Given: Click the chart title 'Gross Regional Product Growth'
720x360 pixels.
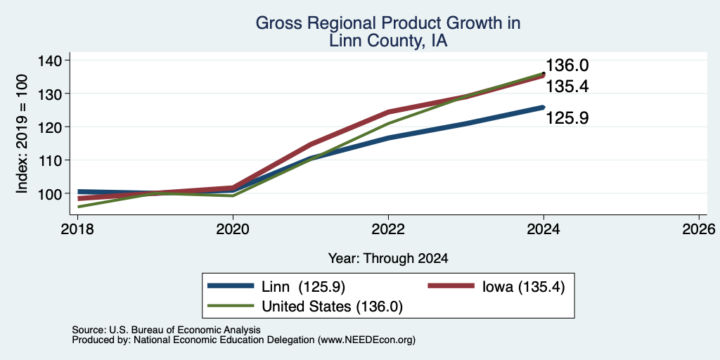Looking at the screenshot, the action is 388,23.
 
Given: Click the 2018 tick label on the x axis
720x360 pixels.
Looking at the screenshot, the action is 77,229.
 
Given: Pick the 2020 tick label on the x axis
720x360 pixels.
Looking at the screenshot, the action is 233,229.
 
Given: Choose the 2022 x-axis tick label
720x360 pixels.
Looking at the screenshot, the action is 388,229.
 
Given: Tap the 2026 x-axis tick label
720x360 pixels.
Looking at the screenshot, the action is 699,229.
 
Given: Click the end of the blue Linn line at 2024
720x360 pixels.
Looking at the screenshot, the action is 544,107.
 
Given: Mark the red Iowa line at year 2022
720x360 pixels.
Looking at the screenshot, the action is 388,112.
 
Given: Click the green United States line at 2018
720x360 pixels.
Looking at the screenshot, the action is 78,207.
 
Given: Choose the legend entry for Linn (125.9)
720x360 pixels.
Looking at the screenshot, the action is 276,287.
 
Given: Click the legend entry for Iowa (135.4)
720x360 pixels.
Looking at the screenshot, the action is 496,287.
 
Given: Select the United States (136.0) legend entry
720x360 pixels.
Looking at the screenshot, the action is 305,307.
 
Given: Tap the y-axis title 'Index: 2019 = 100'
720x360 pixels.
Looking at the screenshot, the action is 22,134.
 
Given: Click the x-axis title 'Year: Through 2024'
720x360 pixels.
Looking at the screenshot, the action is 388,259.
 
